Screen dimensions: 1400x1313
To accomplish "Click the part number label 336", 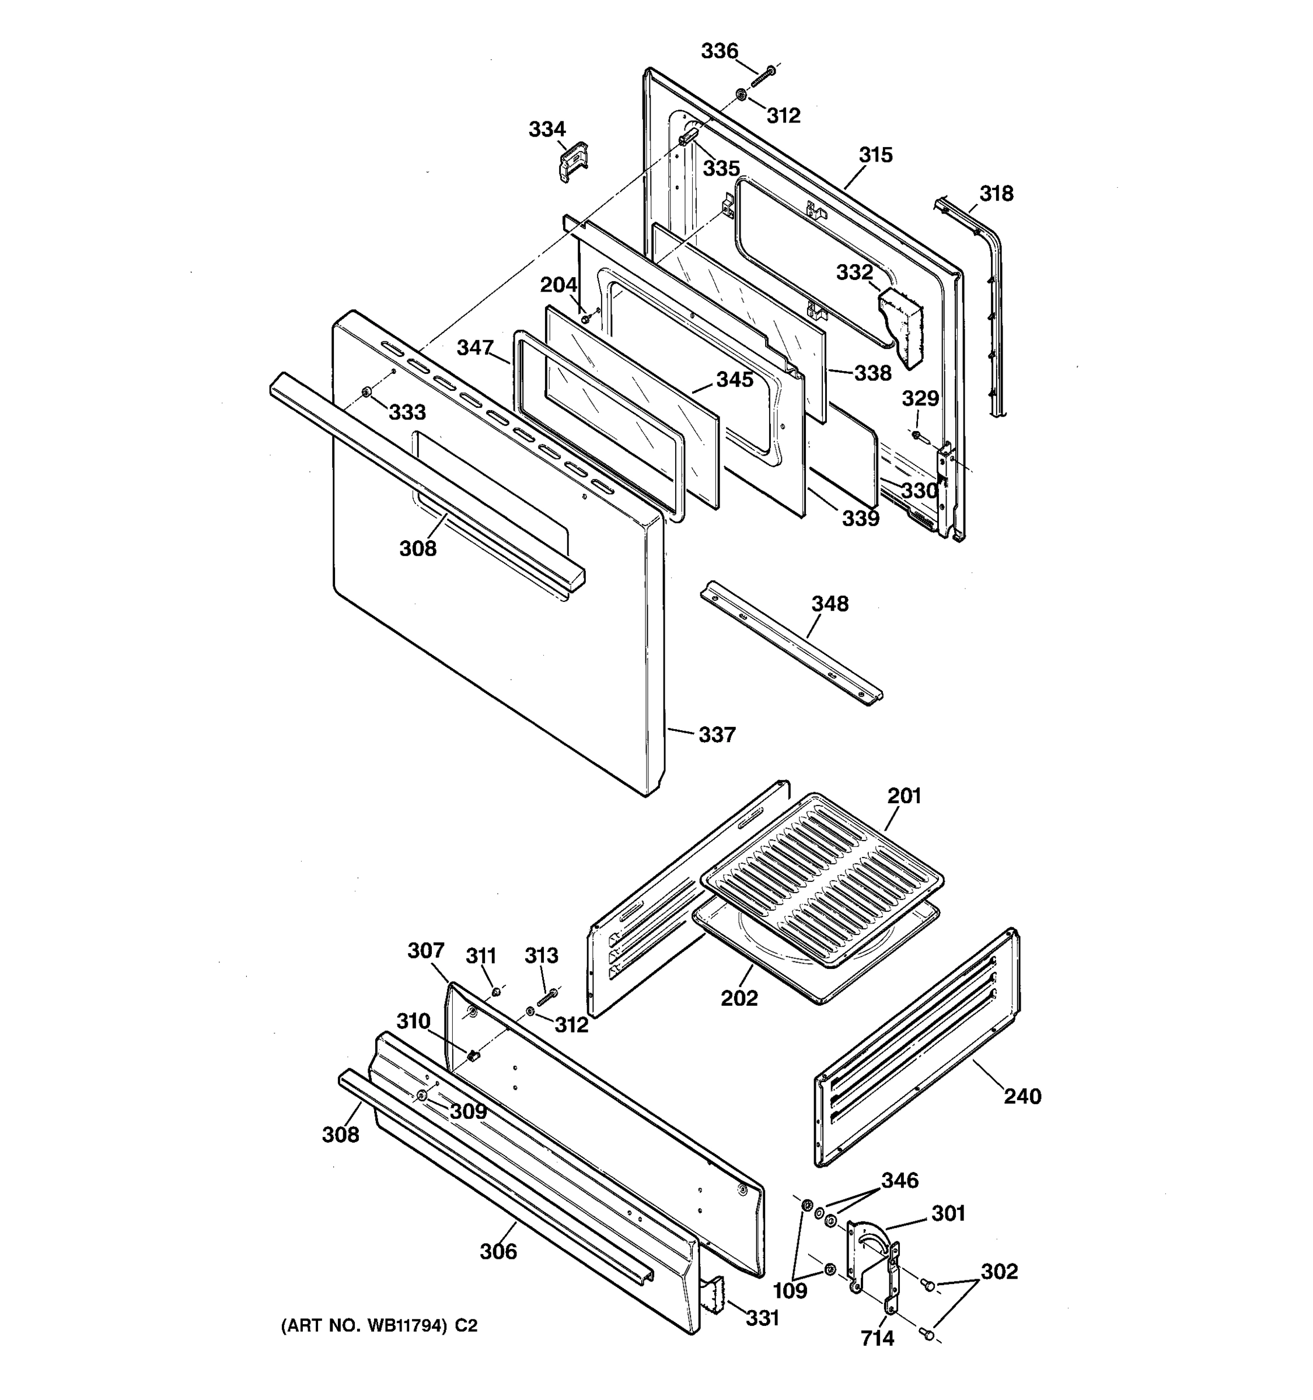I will point(719,51).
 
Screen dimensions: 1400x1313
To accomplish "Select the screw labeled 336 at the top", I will point(763,75).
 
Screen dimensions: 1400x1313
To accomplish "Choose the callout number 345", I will point(735,380).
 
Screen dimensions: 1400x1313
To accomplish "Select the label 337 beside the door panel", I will point(717,735).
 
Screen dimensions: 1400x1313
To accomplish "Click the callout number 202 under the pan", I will point(739,998).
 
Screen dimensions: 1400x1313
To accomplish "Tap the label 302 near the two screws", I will point(999,1271).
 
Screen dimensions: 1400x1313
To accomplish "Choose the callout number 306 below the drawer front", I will point(498,1251).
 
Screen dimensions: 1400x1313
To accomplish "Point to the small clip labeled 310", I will point(473,1056).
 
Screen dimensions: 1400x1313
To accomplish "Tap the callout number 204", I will point(558,285).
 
